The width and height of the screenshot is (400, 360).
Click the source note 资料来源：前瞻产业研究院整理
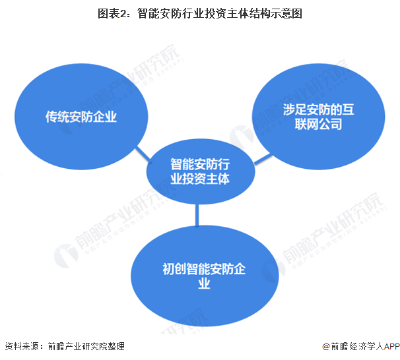click(64, 346)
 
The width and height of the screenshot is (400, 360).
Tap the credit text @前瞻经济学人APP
click(357, 347)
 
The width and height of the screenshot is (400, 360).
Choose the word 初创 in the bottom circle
click(173, 269)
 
